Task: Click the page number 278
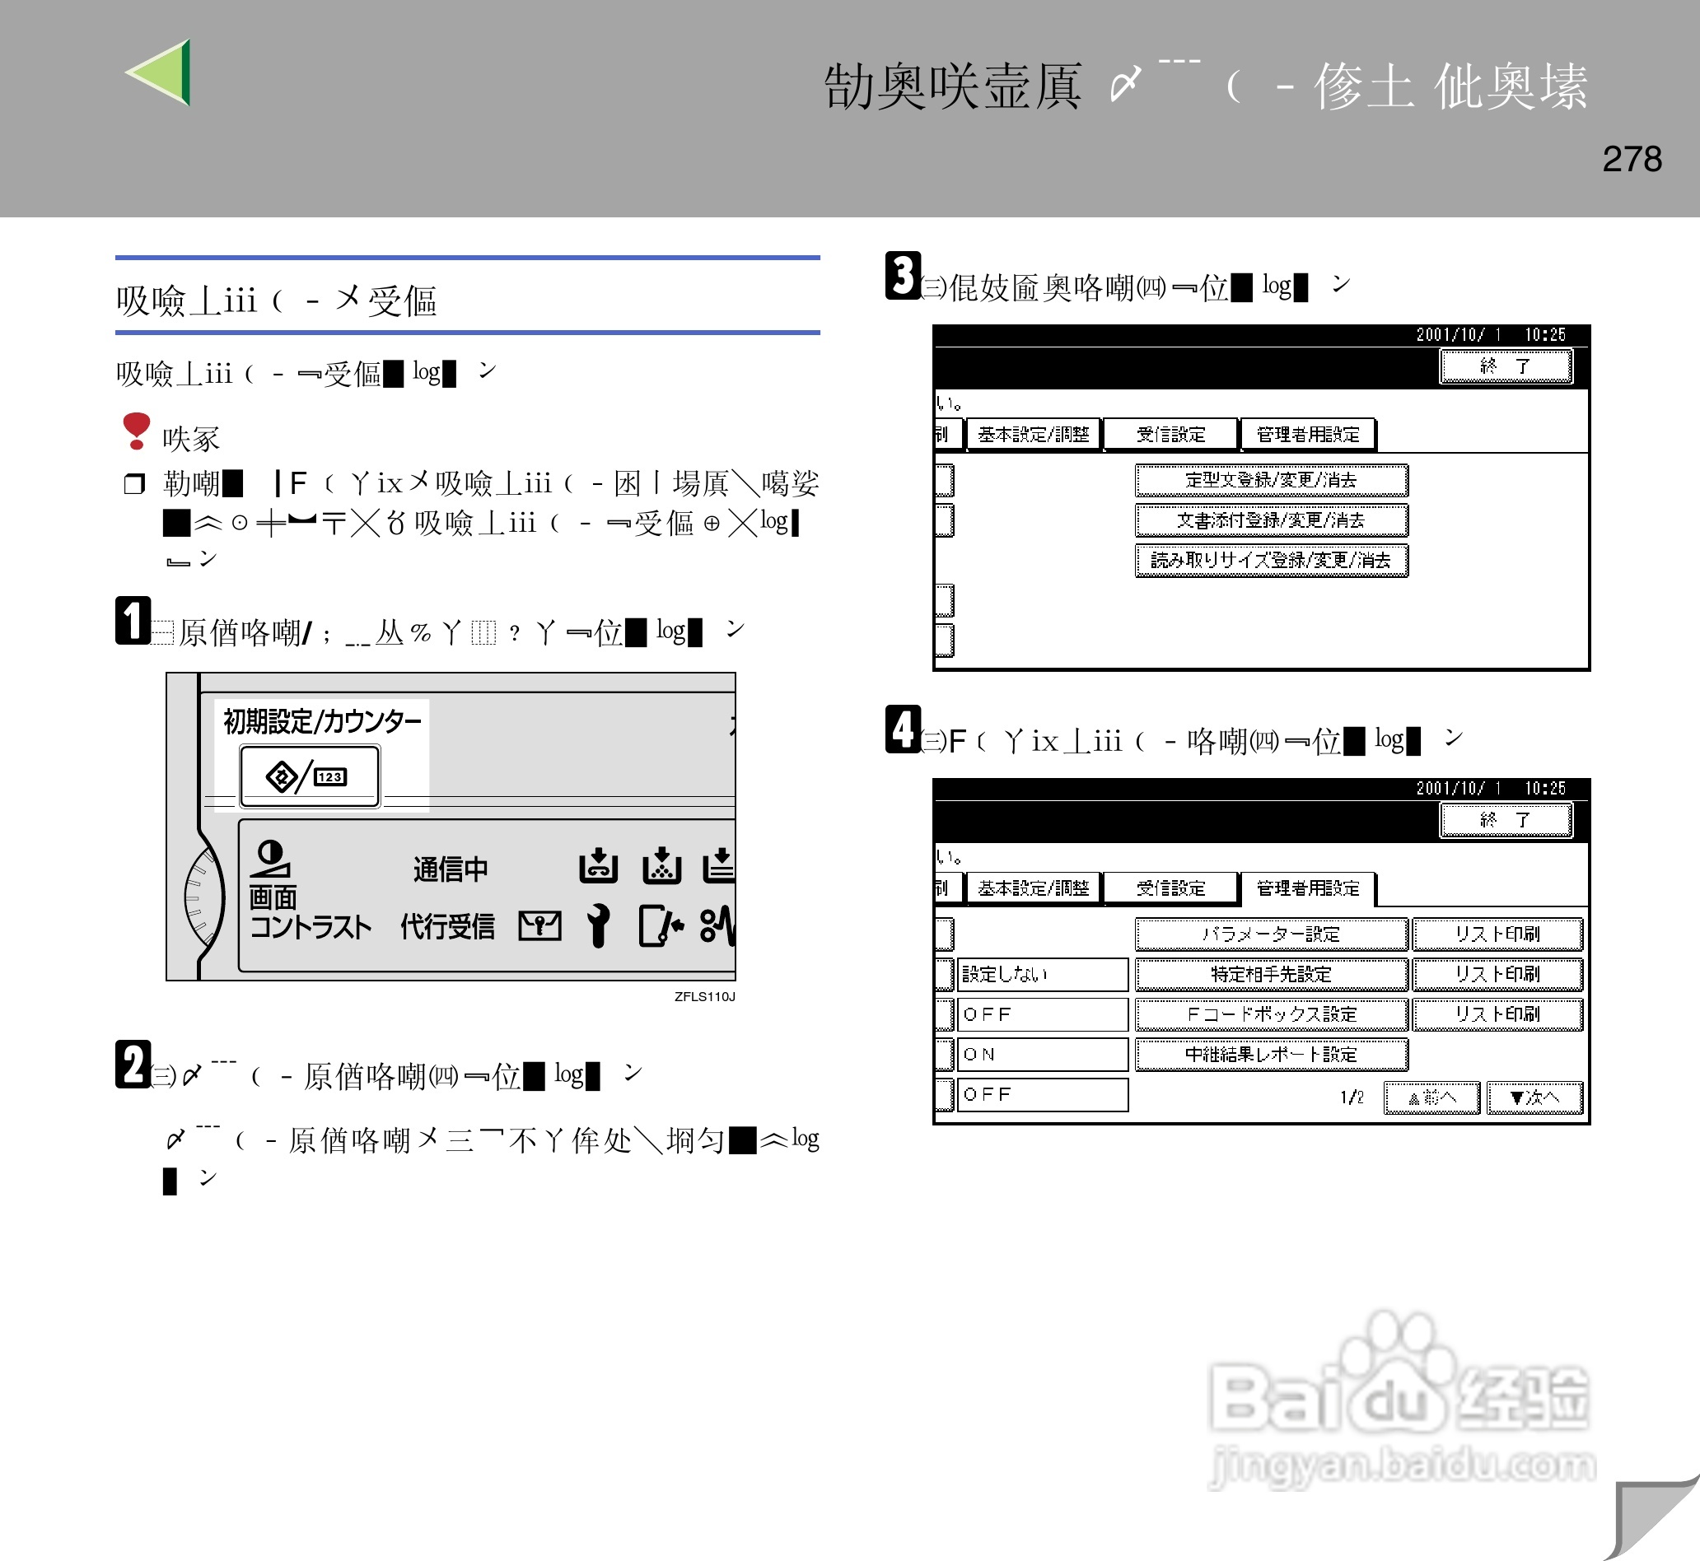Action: tap(1632, 159)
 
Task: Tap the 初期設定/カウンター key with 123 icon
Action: tap(310, 776)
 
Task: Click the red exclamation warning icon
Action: tap(136, 430)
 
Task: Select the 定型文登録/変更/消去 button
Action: tap(1271, 480)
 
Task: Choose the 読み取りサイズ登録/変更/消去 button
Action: tap(1271, 560)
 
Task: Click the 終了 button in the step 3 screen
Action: tap(1505, 366)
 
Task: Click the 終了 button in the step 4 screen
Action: tap(1505, 819)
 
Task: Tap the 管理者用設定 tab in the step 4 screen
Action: tap(1307, 888)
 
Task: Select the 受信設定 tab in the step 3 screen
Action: tap(1170, 434)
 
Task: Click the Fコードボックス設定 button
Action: tap(1271, 1013)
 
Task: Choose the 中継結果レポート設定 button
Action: tap(1271, 1054)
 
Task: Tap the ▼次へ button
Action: tap(1534, 1097)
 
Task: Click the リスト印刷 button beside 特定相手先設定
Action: tap(1497, 974)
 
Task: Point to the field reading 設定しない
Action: tap(1043, 974)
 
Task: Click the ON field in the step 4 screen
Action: tap(1043, 1054)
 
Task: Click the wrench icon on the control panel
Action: tap(598, 925)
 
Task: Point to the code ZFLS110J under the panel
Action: tap(704, 996)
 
